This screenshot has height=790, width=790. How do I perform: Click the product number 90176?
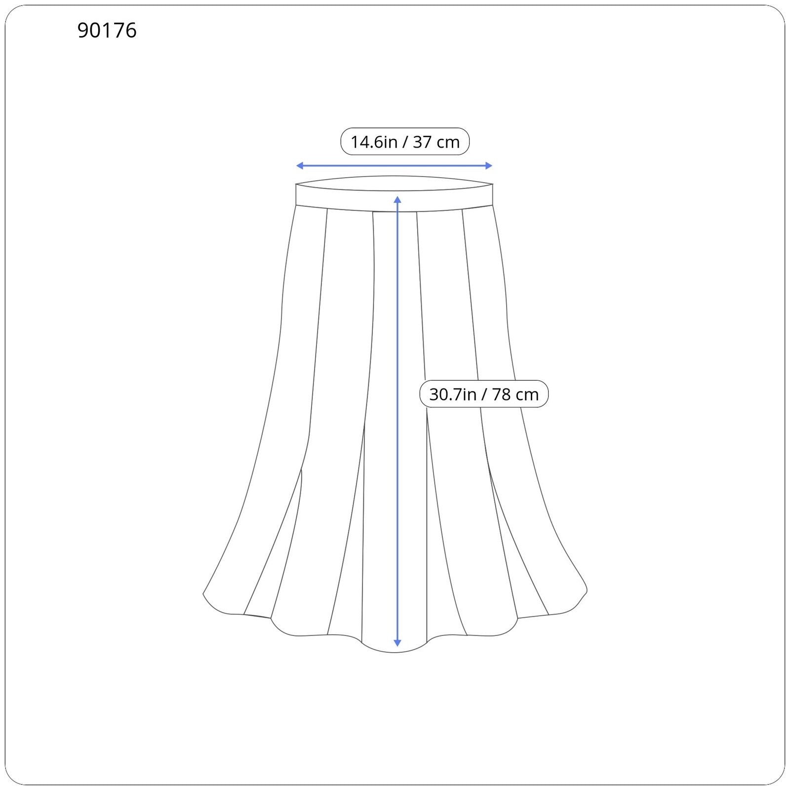tap(107, 31)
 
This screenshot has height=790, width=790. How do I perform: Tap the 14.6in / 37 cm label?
tap(405, 142)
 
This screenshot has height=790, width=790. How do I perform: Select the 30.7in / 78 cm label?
tap(484, 394)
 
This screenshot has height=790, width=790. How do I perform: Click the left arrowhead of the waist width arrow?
tap(299, 166)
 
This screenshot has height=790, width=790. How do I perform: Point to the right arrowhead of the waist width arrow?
tap(489, 166)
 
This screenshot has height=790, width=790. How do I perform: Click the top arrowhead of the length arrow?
tap(397, 199)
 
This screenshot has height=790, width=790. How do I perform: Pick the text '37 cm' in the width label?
tap(436, 142)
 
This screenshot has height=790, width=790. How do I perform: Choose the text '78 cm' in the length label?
tap(515, 395)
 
